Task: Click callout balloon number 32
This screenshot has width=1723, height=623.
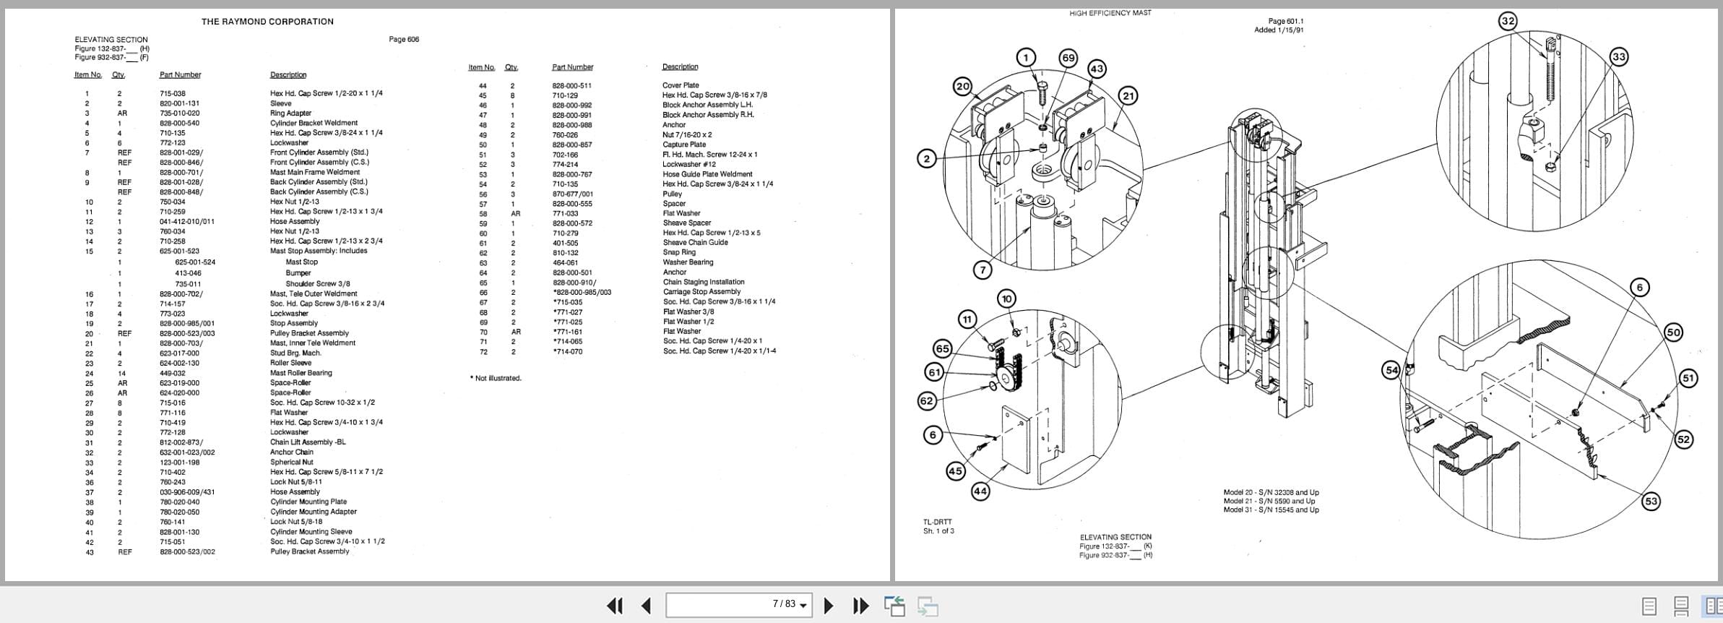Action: tap(1508, 21)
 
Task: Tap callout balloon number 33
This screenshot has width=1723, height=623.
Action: tap(1619, 57)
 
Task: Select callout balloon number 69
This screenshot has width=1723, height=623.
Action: tap(1068, 58)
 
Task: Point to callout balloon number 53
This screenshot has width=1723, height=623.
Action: tap(1651, 501)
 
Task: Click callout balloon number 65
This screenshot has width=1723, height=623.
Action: tap(943, 349)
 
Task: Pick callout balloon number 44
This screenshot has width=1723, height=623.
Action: tap(980, 491)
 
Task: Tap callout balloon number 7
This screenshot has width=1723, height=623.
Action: tap(983, 270)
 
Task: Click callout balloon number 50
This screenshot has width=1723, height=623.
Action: tap(1673, 332)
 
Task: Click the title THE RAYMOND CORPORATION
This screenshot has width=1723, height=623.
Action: tap(267, 22)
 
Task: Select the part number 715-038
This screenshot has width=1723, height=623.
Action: tap(173, 93)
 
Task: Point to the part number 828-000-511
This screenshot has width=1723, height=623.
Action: tap(571, 85)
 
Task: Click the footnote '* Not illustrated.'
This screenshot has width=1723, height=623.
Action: tap(496, 378)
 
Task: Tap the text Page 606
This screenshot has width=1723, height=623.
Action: tap(404, 39)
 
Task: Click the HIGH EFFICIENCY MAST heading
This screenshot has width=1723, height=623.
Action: tap(1110, 13)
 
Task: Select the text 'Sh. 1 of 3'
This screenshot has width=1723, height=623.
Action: tap(938, 531)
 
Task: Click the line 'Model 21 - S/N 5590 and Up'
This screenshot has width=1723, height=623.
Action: tap(1269, 501)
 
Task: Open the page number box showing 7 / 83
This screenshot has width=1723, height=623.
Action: tap(738, 604)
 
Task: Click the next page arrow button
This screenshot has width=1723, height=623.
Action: tap(829, 606)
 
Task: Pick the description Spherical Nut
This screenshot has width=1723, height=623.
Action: tap(292, 462)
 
